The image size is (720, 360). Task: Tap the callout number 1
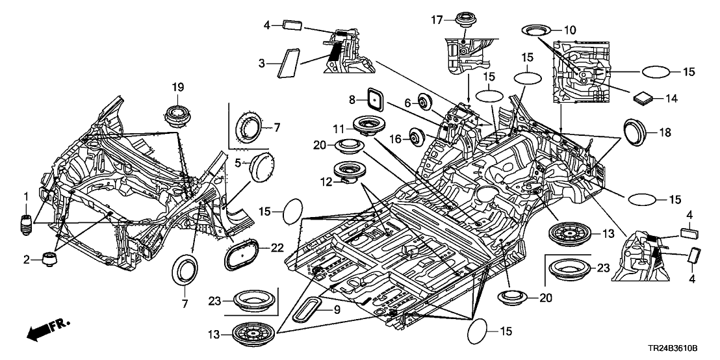coord(26,196)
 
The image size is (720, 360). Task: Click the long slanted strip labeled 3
coord(287,64)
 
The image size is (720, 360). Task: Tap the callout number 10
coord(570,29)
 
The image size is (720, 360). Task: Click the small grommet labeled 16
coord(413,136)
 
